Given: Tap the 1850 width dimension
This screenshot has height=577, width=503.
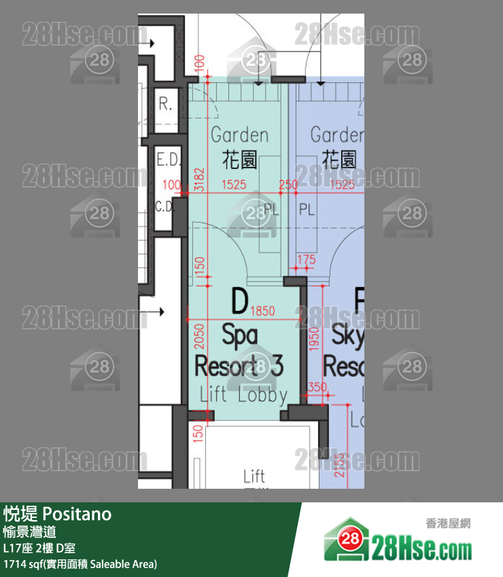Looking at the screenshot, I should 262,312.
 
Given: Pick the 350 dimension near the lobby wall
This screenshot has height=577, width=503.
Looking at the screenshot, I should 317,387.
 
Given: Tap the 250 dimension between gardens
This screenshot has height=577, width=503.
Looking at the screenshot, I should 288,185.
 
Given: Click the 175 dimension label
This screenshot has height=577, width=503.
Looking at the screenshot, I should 307,259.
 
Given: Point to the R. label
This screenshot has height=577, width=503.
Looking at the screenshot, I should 165,105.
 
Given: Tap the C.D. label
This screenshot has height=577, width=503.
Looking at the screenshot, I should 165,207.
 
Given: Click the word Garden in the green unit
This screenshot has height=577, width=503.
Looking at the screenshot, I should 239,135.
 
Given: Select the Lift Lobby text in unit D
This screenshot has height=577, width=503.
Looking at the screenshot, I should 243,394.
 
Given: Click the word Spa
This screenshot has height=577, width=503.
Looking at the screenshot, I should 240,335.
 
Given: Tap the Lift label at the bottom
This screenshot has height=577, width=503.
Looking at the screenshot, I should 254,477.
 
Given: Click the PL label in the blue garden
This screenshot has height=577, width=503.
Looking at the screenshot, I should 307,209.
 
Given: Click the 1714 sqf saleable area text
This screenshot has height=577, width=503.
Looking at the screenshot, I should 80,563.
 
